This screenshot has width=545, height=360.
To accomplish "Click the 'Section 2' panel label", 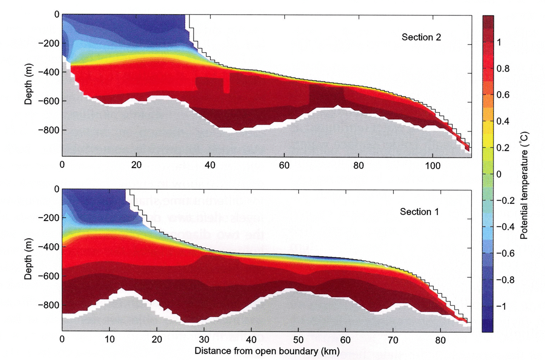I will click(x=421, y=37).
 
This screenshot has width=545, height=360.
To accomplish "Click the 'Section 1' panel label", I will click(x=419, y=212).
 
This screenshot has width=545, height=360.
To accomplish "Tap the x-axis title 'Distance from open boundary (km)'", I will click(x=267, y=351).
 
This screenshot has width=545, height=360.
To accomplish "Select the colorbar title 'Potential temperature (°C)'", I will click(x=524, y=185).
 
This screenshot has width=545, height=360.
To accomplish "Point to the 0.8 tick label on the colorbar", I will click(x=503, y=69).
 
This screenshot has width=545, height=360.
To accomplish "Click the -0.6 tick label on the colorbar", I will click(x=505, y=253).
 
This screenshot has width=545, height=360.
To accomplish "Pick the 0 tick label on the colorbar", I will click(x=499, y=174).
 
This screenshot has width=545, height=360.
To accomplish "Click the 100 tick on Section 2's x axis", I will click(x=432, y=165).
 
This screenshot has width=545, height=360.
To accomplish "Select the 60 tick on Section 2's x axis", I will click(x=284, y=165).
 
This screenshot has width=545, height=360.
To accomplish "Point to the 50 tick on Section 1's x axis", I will click(x=298, y=340).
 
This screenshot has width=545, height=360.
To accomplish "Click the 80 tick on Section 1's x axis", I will click(x=440, y=340).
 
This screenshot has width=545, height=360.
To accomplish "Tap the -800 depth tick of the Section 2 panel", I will click(x=48, y=130).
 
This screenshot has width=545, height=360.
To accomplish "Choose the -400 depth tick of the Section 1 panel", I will click(x=48, y=247).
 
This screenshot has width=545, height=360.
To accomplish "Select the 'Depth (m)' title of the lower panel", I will click(x=28, y=259).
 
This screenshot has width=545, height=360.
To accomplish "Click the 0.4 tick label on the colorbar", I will click(x=503, y=121).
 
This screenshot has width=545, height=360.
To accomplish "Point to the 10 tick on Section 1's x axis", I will click(x=109, y=340).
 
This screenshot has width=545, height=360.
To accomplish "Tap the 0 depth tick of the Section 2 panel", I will click(x=57, y=14).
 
